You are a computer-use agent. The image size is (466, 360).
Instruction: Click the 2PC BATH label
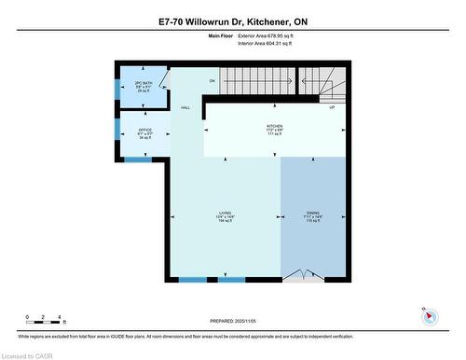pos(143,85)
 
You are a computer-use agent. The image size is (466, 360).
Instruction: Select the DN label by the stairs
pos(212,82)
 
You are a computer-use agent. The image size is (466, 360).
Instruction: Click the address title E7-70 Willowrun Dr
pos(232,20)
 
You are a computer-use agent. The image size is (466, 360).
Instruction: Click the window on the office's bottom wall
pos(138,159)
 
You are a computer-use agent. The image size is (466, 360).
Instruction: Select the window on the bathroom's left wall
pos(116,86)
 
